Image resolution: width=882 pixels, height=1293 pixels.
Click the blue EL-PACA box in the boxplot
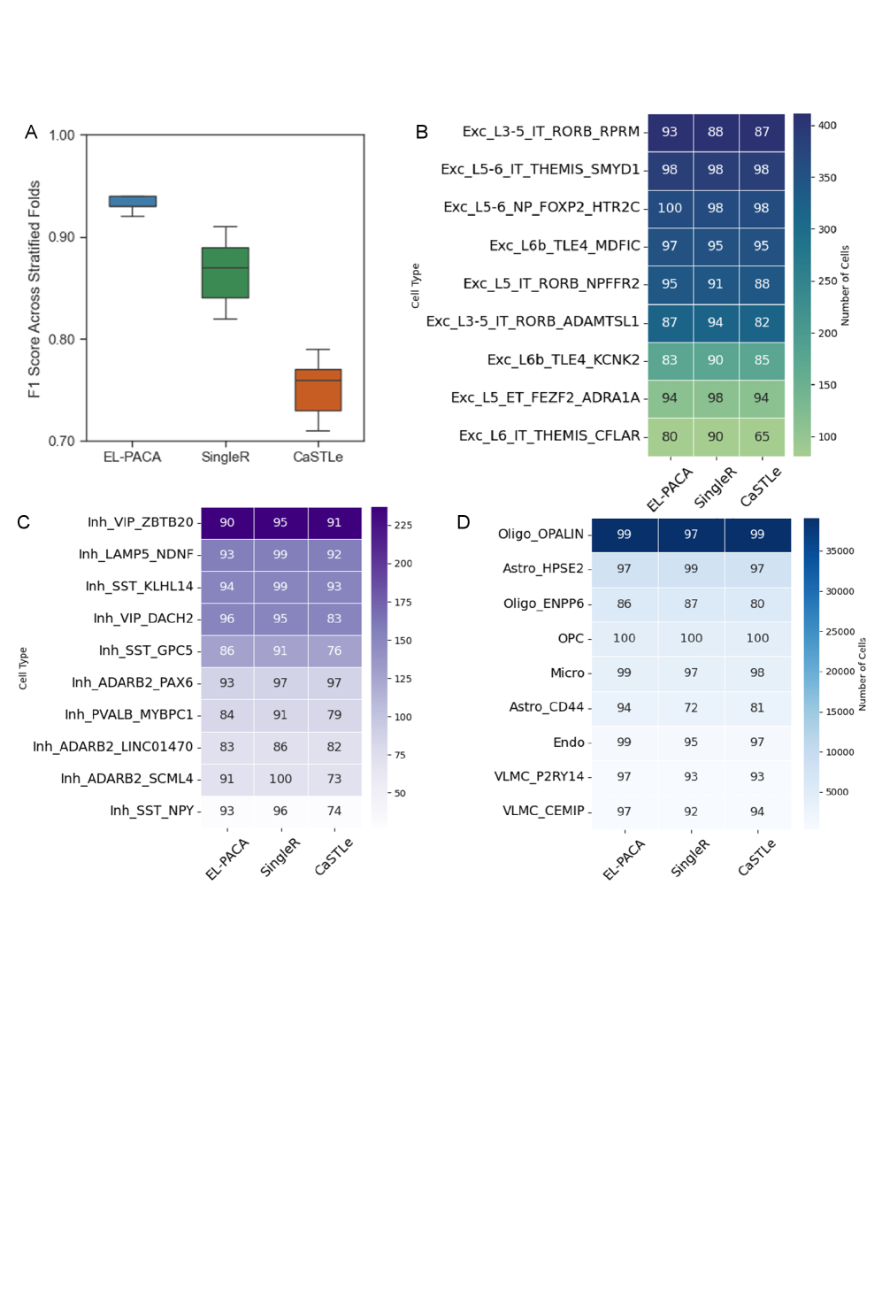coord(133,201)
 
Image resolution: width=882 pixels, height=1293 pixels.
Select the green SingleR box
coord(226,273)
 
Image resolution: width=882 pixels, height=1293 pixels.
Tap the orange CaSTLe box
coord(318,390)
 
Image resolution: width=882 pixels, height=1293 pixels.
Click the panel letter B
coord(422,132)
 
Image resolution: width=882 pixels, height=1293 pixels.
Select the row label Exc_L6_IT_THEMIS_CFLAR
coord(548,435)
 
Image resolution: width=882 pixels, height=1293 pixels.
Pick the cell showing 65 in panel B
coord(762,436)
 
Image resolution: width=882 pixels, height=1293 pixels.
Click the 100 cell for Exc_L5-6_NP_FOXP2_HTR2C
coord(670,208)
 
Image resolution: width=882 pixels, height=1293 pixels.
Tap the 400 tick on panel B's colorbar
coord(827,126)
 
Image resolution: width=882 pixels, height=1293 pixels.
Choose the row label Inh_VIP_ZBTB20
coord(140,522)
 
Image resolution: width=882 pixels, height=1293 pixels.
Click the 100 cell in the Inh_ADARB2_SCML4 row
coord(280,779)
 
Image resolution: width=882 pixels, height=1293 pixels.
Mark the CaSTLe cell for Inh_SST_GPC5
coord(334,650)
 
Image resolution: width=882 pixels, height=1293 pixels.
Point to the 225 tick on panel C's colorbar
coord(403,526)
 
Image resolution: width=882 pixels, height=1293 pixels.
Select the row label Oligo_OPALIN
coord(541,534)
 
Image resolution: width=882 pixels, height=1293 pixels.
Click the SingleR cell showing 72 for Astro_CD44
coord(691,707)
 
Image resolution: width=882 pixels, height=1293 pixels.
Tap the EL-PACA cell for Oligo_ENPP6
coord(624,604)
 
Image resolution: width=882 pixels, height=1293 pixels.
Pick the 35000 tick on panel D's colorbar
coord(840,551)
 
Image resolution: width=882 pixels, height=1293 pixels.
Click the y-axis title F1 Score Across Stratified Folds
coord(35,289)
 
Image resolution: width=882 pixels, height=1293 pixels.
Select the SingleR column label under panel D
coord(689,858)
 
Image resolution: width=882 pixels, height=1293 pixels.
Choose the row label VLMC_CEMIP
coord(543,811)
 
